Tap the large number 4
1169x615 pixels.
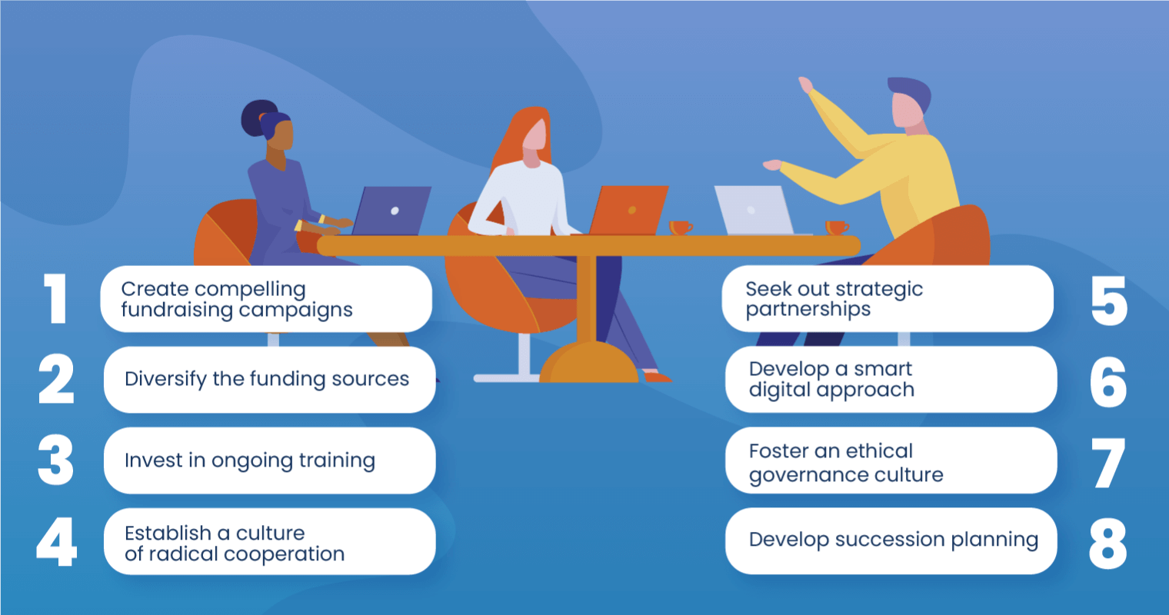pyautogui.click(x=57, y=541)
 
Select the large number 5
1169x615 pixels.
pyautogui.click(x=1108, y=300)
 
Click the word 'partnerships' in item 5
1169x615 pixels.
pyautogui.click(x=808, y=310)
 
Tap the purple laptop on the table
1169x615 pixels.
pyautogui.click(x=391, y=211)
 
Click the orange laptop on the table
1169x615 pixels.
pyautogui.click(x=629, y=210)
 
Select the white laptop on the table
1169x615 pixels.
pyautogui.click(x=753, y=210)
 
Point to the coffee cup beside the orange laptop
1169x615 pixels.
pyautogui.click(x=680, y=228)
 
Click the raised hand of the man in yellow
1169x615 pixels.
pyautogui.click(x=806, y=85)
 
